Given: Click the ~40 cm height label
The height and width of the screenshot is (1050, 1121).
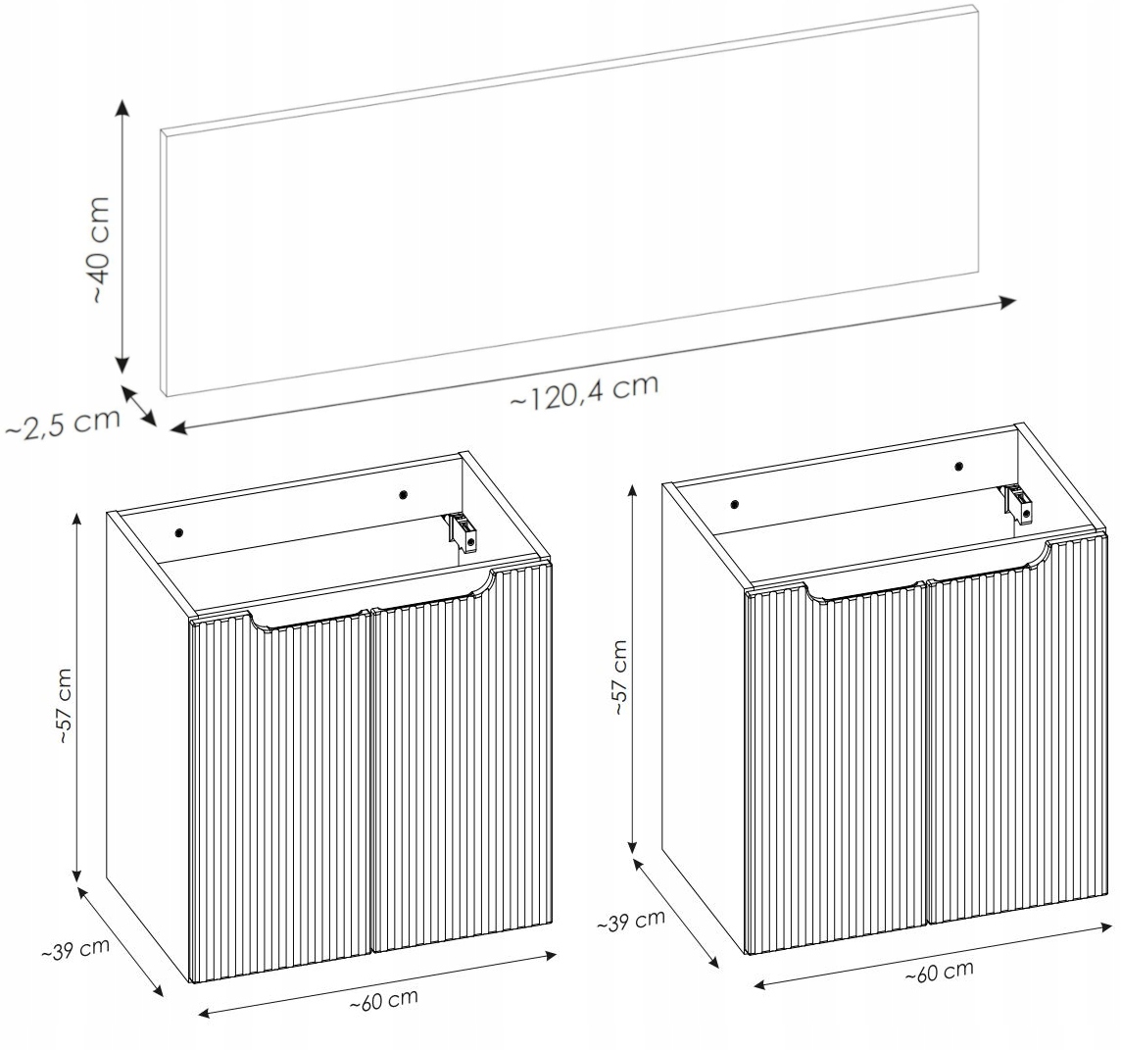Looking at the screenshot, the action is pos(101,249).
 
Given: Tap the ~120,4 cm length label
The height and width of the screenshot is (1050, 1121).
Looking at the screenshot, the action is pos(583,393).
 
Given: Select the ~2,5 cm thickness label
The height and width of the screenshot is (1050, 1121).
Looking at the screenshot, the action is pos(62,425).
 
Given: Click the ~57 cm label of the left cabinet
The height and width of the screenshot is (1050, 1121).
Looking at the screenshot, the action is pos(65,706).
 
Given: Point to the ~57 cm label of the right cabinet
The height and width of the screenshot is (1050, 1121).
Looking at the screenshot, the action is pos(619,677).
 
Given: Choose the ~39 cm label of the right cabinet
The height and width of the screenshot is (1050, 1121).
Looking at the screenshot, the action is pos(631,921).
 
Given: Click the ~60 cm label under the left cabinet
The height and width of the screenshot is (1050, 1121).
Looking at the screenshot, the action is pos(383,1001).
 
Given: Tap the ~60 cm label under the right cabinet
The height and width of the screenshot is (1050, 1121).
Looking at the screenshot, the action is pos(940,972).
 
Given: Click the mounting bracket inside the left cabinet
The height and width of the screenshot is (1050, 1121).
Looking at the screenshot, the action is pos(463,532).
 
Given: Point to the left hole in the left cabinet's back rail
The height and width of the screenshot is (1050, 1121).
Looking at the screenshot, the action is pos(178,532).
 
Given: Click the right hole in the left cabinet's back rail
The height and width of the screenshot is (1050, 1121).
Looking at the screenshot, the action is pos(403,493).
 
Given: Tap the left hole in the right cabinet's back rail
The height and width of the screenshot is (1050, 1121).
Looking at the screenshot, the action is pos(734,504).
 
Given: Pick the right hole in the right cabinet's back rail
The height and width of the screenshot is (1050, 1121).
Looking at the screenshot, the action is pos(959,466).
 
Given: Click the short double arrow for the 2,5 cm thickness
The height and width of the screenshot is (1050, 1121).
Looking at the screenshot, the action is pos(139,406).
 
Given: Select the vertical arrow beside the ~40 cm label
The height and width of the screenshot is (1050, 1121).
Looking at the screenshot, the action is pos(122,236).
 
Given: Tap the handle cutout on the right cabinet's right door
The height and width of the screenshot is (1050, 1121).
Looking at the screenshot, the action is pos(988,568).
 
